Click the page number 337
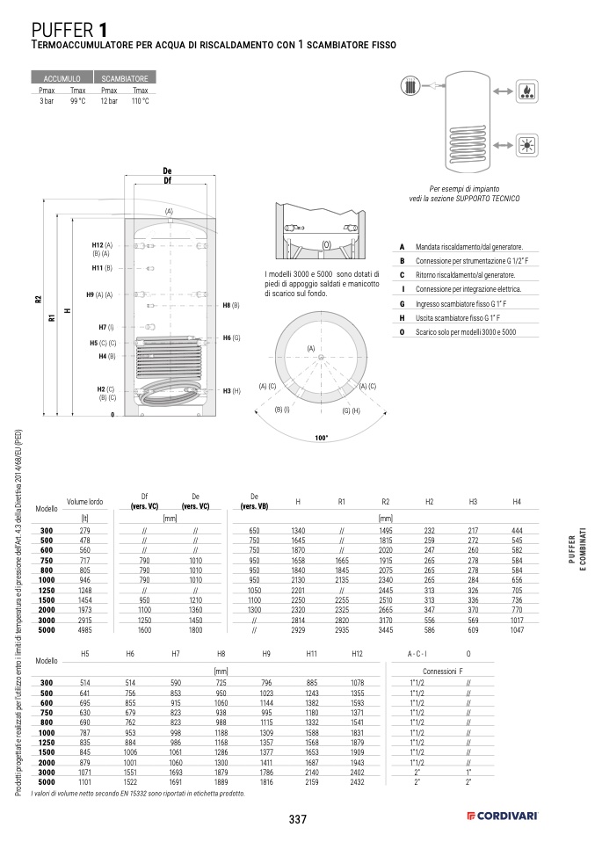(x=297, y=819)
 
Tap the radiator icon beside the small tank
(x=413, y=89)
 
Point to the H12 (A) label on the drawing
(x=102, y=244)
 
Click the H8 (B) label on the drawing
(x=231, y=304)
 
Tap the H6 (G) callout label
(x=231, y=338)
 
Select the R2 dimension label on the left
(x=39, y=299)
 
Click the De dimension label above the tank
(x=167, y=171)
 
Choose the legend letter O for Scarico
(x=402, y=331)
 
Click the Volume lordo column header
(x=85, y=502)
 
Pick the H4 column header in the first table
(x=517, y=502)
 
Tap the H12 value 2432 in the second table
(x=357, y=781)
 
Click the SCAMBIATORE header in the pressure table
(x=124, y=78)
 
